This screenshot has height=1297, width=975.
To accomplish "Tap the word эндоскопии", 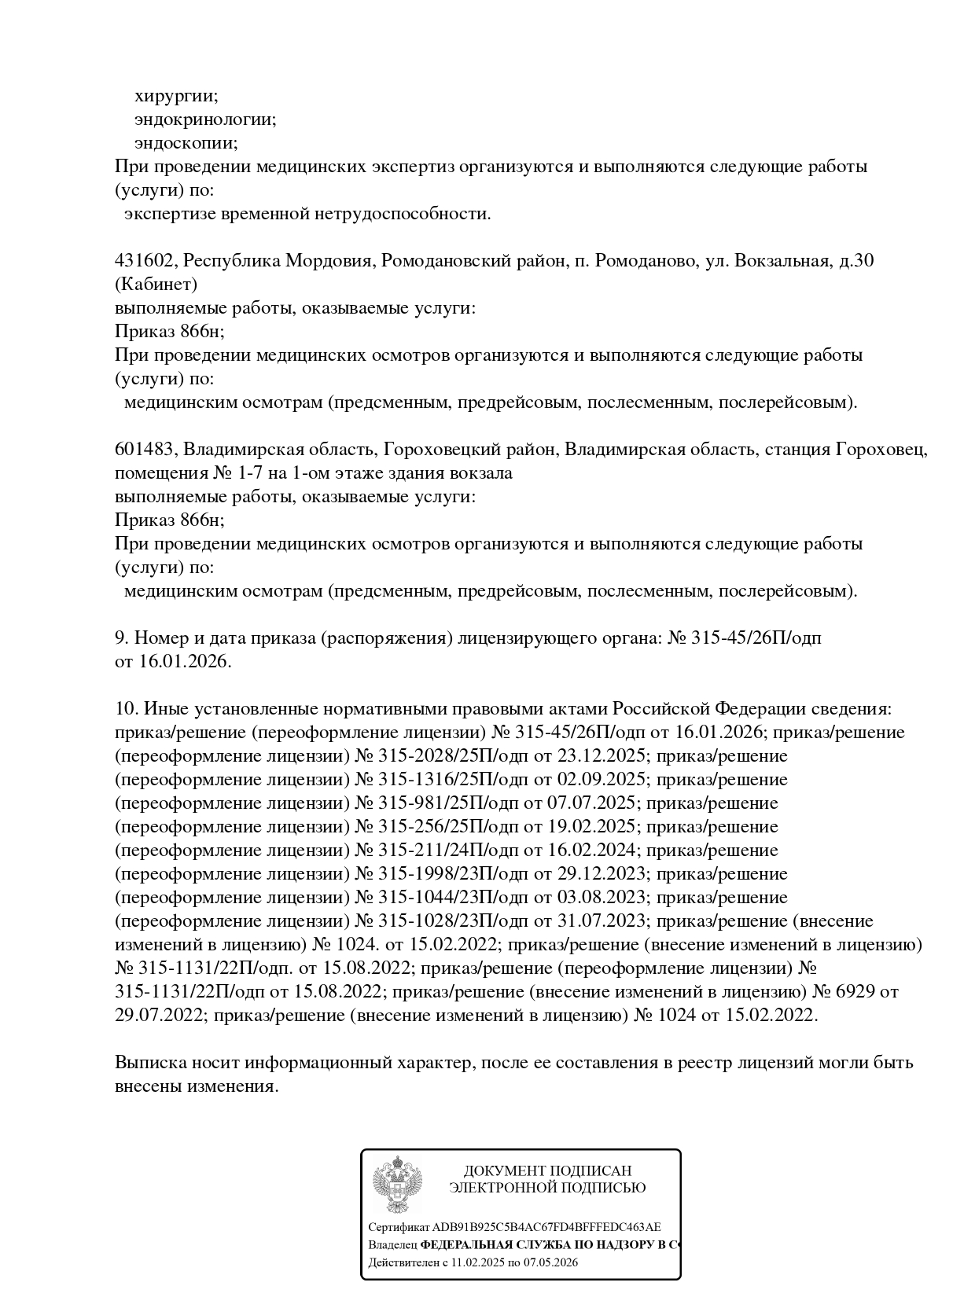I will click(x=186, y=143).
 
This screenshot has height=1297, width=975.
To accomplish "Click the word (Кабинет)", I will click(x=156, y=285).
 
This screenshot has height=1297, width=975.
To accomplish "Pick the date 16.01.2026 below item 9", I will click(x=184, y=662).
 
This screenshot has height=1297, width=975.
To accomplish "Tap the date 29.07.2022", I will click(x=160, y=1016).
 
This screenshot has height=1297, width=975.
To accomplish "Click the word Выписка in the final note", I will click(x=149, y=1063).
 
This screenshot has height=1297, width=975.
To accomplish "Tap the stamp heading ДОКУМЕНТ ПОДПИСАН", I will click(x=547, y=1171).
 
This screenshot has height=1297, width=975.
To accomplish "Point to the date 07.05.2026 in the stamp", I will click(x=548, y=1262).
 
